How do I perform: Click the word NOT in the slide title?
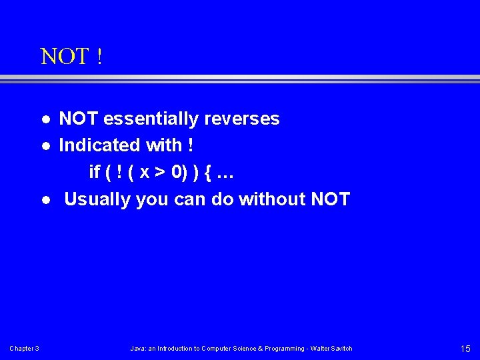point(65,57)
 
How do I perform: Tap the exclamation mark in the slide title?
point(99,57)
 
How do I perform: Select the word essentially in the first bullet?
point(151,119)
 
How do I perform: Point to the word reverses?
point(242,119)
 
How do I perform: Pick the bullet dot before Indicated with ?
point(45,146)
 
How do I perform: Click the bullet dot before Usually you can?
point(45,199)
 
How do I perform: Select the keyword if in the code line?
point(95,173)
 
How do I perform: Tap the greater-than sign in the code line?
point(160,173)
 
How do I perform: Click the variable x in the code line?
point(145,173)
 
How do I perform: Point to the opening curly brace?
point(208,173)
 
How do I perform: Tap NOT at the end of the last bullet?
point(330,199)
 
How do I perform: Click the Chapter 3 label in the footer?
point(24,349)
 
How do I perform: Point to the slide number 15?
point(465,349)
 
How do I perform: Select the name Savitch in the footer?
point(341,349)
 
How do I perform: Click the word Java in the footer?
point(137,349)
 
